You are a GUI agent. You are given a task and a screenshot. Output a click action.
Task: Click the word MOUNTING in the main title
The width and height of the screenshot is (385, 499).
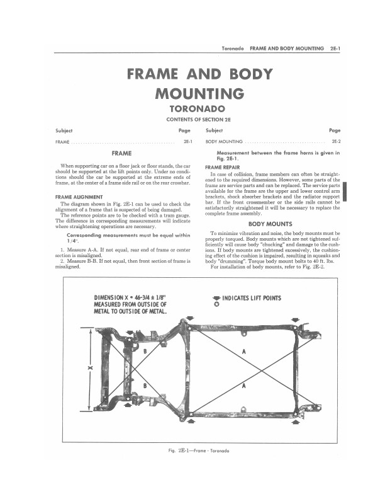point(199,94)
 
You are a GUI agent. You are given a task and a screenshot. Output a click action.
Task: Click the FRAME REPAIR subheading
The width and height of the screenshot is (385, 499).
point(223,167)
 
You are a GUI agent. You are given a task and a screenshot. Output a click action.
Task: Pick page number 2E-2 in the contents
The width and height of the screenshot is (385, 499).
point(336,142)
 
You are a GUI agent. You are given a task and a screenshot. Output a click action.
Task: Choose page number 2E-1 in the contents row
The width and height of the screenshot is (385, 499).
point(187,142)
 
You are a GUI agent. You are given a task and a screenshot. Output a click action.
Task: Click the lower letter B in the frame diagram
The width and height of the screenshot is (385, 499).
point(146,386)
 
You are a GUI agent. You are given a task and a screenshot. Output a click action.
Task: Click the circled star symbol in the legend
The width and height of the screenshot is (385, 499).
point(216,306)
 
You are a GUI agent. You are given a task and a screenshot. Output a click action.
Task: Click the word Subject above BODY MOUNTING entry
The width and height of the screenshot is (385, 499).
point(214,130)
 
